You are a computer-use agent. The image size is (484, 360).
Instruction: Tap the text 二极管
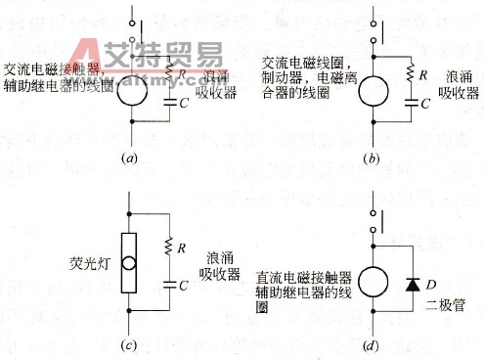pyautogui.click(x=444, y=306)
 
